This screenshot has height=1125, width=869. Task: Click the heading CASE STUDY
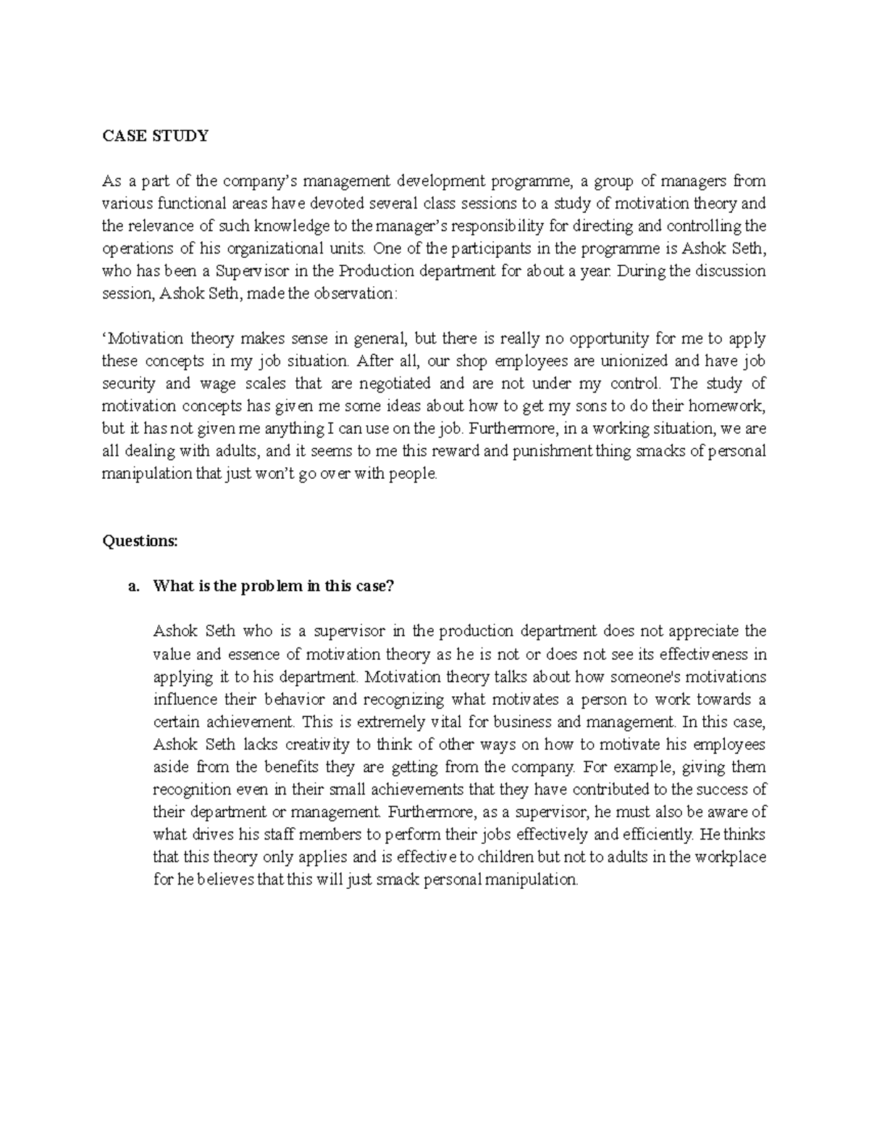155,135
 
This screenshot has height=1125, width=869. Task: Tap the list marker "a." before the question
133,586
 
